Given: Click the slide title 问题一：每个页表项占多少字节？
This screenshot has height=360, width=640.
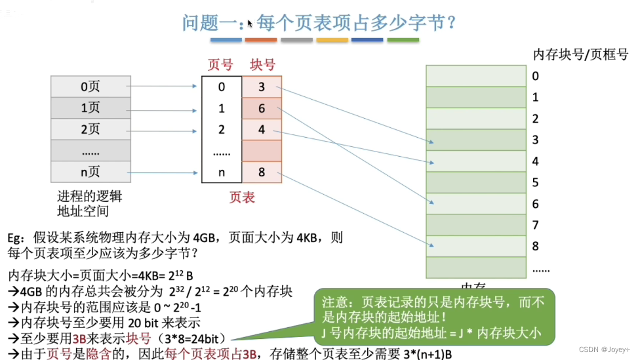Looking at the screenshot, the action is [x=319, y=24].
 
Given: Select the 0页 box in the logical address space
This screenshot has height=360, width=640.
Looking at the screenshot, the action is [x=90, y=86].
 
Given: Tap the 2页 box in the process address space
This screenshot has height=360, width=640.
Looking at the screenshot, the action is [x=90, y=129].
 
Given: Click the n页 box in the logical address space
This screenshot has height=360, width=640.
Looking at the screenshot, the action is [x=90, y=172].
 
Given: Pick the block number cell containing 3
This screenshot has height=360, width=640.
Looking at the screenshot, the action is [x=262, y=87].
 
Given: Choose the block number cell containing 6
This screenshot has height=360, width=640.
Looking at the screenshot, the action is [x=262, y=108].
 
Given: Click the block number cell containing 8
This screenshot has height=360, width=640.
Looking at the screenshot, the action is [x=262, y=172].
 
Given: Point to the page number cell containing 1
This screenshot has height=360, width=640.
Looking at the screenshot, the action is [x=222, y=108].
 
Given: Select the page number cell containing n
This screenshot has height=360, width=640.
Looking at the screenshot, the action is [x=222, y=172].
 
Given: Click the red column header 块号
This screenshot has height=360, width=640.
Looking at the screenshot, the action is [x=262, y=64].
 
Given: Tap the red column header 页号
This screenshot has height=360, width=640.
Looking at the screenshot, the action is [x=220, y=64].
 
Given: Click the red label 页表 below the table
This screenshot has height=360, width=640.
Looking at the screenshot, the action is [x=242, y=197].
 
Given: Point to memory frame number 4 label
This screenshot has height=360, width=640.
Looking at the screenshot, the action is [x=536, y=161].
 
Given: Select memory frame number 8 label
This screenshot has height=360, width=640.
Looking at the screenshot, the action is [x=536, y=247].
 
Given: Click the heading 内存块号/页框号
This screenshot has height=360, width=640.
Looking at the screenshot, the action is [x=581, y=54].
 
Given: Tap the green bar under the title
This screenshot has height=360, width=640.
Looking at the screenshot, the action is [x=403, y=40].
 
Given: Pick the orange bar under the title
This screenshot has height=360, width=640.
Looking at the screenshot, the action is [x=261, y=40].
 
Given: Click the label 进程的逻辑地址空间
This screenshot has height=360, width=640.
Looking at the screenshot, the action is [x=90, y=203].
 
